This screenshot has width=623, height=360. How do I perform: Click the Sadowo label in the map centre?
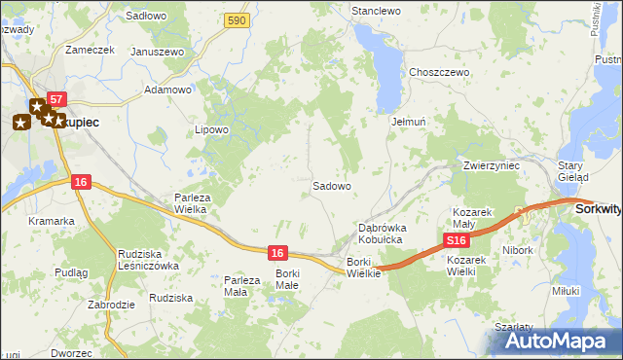pyautogui.click(x=331, y=185)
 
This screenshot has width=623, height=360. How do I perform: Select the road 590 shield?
pyautogui.click(x=235, y=19)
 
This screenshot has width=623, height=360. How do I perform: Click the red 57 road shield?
pyautogui.click(x=56, y=100)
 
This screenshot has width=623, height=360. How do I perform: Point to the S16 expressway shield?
pyautogui.click(x=456, y=239)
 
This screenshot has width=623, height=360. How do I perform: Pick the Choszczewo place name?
pyautogui.click(x=440, y=72)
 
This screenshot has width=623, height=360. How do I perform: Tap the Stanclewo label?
pyautogui.click(x=377, y=11)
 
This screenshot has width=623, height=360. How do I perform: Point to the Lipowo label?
pyautogui.click(x=211, y=129)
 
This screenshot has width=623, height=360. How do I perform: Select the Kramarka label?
pyautogui.click(x=52, y=221)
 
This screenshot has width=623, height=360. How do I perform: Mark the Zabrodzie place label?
pyautogui.click(x=109, y=305)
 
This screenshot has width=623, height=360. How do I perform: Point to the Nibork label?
pyautogui.click(x=518, y=250)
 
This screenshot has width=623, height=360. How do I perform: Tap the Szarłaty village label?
pyautogui.click(x=513, y=327)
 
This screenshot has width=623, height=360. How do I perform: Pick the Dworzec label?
pyautogui.click(x=72, y=352)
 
